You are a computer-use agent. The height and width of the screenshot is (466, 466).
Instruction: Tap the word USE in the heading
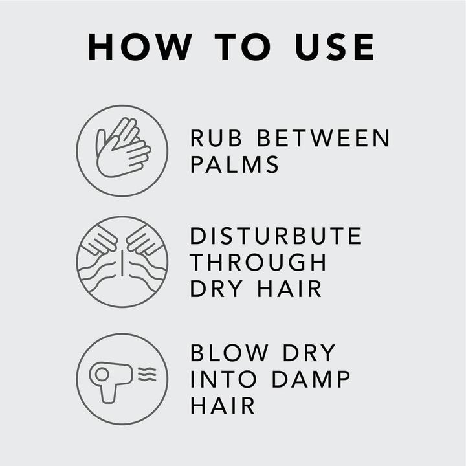tap(335, 47)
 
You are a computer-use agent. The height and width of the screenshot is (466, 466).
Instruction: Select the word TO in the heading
tap(243, 47)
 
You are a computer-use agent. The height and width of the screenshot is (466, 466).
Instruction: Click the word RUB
tap(216, 138)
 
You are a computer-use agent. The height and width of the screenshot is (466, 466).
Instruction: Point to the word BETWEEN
tap(324, 138)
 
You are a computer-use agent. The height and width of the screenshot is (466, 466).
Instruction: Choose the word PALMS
tap(234, 164)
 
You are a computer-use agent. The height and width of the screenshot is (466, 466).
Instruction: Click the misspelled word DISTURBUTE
tap(276, 236)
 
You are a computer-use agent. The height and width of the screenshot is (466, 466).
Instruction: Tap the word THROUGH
tap(258, 262)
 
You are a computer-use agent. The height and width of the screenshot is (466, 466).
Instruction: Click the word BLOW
tap(229, 353)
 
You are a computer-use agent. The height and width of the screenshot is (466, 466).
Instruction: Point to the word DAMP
tap(311, 379)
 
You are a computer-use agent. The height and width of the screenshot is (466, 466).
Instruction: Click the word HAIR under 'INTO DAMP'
tap(223, 405)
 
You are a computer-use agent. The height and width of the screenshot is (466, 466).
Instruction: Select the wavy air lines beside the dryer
tap(147, 374)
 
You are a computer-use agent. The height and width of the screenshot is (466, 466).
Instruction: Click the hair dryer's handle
tap(108, 394)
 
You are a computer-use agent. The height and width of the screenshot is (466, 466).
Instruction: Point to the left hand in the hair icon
tap(100, 240)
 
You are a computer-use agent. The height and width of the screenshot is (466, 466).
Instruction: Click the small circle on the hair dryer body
tap(102, 374)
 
